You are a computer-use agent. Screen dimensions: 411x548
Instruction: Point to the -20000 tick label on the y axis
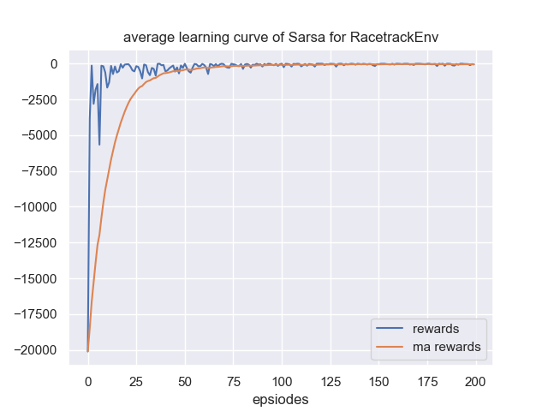click(x=35, y=349)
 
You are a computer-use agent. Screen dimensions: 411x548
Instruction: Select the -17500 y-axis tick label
click(x=35, y=313)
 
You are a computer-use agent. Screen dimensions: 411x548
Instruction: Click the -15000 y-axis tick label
click(x=35, y=278)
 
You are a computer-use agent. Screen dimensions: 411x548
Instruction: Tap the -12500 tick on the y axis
click(x=35, y=242)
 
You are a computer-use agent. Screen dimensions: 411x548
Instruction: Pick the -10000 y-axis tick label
click(x=35, y=206)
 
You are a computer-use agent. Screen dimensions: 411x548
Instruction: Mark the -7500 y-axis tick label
click(x=39, y=170)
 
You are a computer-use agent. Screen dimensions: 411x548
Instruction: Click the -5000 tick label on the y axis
click(x=39, y=135)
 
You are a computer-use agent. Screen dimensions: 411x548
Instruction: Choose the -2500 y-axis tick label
click(x=39, y=99)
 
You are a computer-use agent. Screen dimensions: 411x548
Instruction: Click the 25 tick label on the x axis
click(x=136, y=380)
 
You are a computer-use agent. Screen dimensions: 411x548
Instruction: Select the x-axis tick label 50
click(x=185, y=380)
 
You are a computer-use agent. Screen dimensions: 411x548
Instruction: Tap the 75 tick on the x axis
click(x=233, y=380)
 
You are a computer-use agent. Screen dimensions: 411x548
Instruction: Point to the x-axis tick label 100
click(x=282, y=380)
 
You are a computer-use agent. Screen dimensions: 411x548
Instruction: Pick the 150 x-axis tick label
click(x=378, y=380)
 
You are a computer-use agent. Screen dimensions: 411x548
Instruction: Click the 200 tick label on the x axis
click(x=476, y=380)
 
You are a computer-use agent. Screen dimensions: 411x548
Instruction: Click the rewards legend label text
click(x=435, y=329)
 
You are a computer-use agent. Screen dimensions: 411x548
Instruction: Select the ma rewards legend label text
click(x=446, y=347)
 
